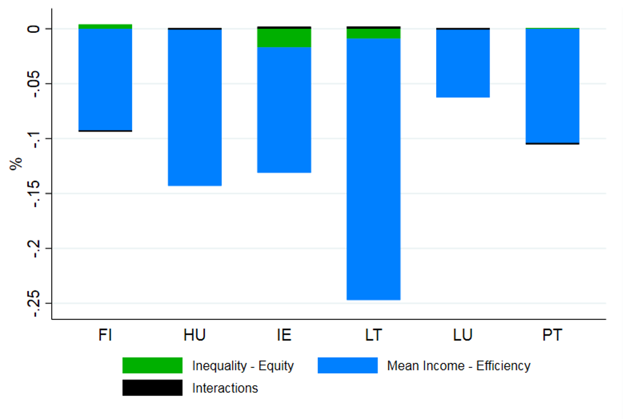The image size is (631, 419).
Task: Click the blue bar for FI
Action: [105, 79]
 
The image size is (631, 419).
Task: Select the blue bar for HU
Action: [194, 107]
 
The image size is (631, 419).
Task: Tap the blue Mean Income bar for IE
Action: [284, 110]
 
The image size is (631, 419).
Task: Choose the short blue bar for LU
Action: [463, 63]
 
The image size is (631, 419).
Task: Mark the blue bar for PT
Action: [552, 85]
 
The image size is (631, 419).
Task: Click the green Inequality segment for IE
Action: [284, 37]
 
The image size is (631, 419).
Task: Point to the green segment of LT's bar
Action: [373, 33]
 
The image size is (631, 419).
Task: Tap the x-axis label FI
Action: [105, 335]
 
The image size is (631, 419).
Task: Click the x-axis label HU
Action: [194, 335]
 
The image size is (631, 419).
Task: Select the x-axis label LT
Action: [373, 335]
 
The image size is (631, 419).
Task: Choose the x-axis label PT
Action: [552, 335]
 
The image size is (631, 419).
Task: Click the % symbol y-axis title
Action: [16, 163]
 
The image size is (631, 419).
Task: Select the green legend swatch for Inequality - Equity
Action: [152, 366]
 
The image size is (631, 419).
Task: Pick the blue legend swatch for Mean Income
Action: [348, 366]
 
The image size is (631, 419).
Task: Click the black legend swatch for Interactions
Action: [152, 388]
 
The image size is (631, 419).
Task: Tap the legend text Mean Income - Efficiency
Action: [458, 366]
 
